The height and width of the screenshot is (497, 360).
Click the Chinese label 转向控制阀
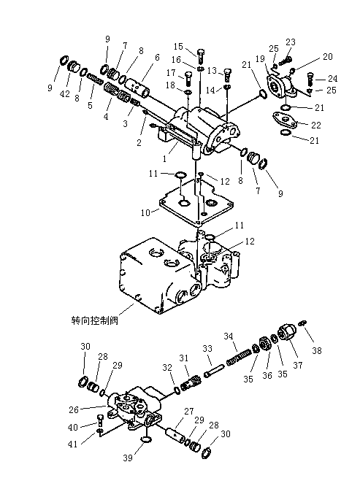tap(95, 320)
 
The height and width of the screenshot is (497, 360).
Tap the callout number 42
tap(65, 94)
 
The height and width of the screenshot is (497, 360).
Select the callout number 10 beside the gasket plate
tap(145, 212)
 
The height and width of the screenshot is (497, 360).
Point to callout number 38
tap(316, 350)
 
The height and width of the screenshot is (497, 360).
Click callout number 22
tap(316, 126)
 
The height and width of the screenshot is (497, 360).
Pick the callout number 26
tap(74, 409)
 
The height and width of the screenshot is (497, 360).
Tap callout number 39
tap(128, 458)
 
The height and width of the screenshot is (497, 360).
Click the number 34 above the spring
tap(229, 336)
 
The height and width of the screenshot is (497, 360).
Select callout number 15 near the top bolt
tap(178, 47)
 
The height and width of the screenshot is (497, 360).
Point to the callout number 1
tap(164, 159)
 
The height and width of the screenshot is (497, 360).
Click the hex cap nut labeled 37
tap(286, 334)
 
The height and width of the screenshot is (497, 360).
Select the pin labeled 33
tap(215, 371)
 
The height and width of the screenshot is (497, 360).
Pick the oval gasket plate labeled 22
tap(284, 120)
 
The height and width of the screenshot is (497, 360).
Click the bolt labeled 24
tap(310, 80)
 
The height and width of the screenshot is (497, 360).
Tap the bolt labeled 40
tap(99, 420)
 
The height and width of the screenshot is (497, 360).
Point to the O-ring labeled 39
tap(146, 439)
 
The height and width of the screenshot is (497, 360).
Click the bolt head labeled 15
tap(201, 52)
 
